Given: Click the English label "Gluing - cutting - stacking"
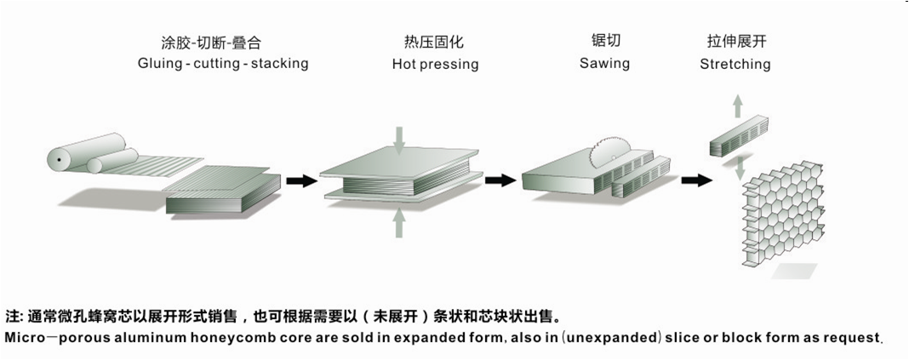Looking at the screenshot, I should pos(223,64).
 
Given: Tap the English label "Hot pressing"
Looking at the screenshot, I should pos(435,64).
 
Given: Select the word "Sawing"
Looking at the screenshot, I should pos(604,63).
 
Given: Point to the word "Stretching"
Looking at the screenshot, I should pos(735,64).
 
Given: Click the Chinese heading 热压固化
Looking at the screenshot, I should pos(435,42).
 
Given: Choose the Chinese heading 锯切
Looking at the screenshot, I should pos(604,41).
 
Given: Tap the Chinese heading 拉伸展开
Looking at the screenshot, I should pos(735,42).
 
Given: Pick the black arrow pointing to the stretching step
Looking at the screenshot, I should pos(697,180).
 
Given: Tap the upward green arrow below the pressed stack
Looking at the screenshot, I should pos(399,223).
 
